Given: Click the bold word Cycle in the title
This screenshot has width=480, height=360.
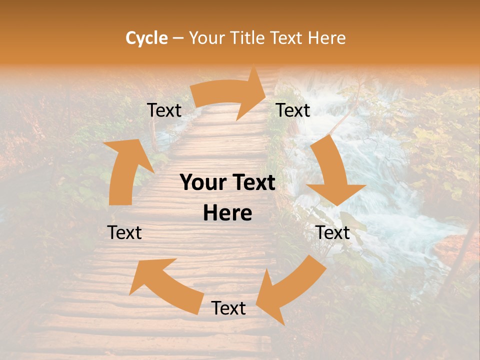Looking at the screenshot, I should click(146, 38).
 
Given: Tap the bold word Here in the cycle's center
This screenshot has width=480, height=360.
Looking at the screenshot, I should click(227, 213).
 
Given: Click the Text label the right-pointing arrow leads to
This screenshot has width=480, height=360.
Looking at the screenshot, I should click(293, 110).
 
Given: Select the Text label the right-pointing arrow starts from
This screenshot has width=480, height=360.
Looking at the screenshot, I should click(164, 110).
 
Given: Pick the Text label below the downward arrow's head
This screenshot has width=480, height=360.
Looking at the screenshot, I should click(333, 232).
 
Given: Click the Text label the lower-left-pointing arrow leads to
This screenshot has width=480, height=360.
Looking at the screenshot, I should click(228, 308).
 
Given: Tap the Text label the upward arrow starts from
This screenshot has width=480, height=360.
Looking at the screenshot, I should click(124, 232).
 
